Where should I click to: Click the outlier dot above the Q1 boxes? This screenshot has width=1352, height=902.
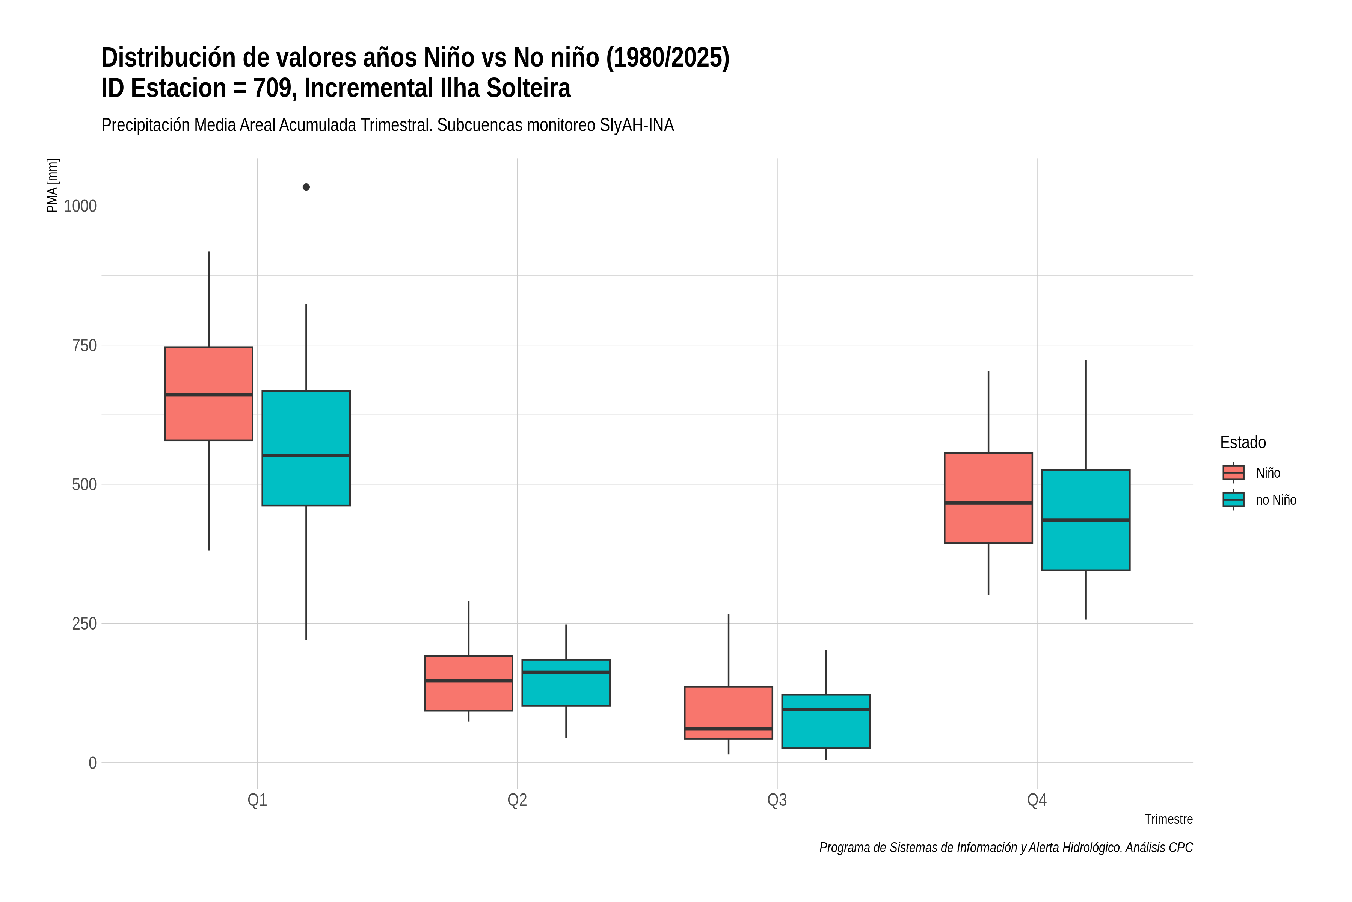(x=306, y=187)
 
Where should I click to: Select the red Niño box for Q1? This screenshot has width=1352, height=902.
(x=209, y=393)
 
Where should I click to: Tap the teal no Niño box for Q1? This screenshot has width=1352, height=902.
(x=306, y=448)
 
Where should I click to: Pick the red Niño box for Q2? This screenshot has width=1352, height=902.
(x=468, y=683)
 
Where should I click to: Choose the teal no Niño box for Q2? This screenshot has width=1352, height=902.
(x=566, y=683)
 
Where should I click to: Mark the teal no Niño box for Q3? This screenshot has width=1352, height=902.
(x=826, y=721)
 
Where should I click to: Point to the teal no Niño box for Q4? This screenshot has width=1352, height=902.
(x=1086, y=520)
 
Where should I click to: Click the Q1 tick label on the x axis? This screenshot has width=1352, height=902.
(x=258, y=800)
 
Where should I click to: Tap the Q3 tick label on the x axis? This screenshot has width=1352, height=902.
(x=777, y=800)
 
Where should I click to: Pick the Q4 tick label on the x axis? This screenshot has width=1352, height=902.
(x=1037, y=800)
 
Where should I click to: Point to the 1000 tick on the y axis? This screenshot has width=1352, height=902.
(x=80, y=206)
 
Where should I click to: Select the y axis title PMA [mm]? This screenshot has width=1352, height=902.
(x=52, y=186)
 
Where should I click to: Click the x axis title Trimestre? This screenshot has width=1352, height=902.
(x=1169, y=819)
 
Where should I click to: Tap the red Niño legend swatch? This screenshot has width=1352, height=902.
(x=1234, y=473)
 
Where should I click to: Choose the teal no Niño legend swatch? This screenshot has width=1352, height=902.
(x=1234, y=500)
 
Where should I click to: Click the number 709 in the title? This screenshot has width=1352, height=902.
(x=274, y=88)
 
